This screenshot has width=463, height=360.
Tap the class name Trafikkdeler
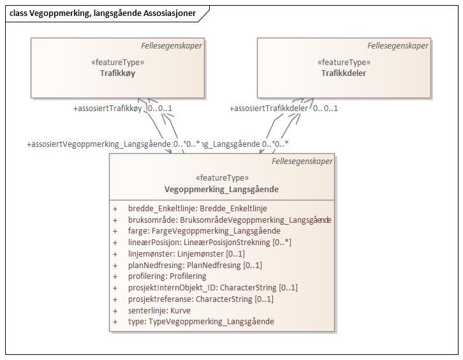[x=344, y=73]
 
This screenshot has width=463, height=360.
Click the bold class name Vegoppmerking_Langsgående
[x=221, y=190]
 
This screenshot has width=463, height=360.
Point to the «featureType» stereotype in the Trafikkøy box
[x=117, y=63]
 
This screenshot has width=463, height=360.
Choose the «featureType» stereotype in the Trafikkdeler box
[x=344, y=63]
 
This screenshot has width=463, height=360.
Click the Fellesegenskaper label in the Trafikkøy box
[x=172, y=46]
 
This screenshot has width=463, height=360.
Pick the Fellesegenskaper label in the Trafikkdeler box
[x=398, y=46]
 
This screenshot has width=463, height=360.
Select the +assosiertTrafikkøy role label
[x=108, y=108]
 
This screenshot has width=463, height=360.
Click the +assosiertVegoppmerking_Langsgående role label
[x=99, y=144]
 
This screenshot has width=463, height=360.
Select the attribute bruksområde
[x=229, y=220]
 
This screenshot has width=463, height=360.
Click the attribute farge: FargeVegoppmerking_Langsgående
[x=204, y=231]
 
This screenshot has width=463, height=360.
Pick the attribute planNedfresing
[x=195, y=265]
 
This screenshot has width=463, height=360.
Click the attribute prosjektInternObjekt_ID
[x=212, y=288]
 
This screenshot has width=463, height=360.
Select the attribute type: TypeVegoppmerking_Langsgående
[x=201, y=322]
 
